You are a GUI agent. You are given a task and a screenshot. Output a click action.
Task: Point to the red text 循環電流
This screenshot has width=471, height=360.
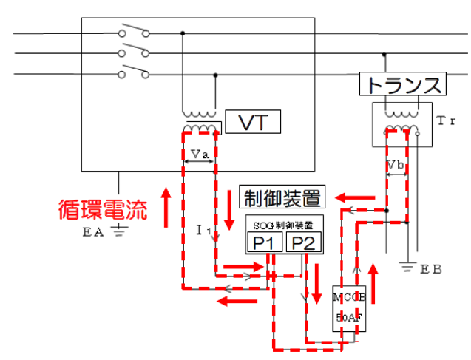(x=103, y=208)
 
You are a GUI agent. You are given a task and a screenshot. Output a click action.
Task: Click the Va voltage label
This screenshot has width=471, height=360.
(x=199, y=154)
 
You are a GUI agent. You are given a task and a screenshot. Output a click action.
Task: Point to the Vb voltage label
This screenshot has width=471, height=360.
(x=395, y=166)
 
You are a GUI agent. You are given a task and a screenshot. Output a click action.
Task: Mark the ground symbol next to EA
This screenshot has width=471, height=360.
(x=119, y=230)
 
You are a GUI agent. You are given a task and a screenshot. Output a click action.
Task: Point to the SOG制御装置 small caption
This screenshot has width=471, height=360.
(x=284, y=225)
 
